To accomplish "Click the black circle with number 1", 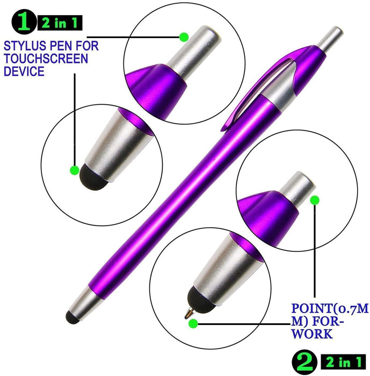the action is [24, 22].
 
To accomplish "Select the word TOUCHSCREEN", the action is [46, 59].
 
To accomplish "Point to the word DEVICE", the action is [24, 71].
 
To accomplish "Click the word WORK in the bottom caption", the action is [312, 334].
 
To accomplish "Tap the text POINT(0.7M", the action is [330, 308].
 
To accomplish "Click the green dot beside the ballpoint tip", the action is [193, 323].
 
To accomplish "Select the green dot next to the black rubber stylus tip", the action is [74, 170].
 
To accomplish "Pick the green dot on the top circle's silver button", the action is [184, 37].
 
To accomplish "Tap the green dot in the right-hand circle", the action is [315, 200].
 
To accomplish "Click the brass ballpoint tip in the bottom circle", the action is [189, 313].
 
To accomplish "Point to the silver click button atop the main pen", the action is [331, 38].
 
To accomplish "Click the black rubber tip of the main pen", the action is [72, 317].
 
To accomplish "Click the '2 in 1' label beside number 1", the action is [60, 23].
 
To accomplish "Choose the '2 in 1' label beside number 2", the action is [343, 362].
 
